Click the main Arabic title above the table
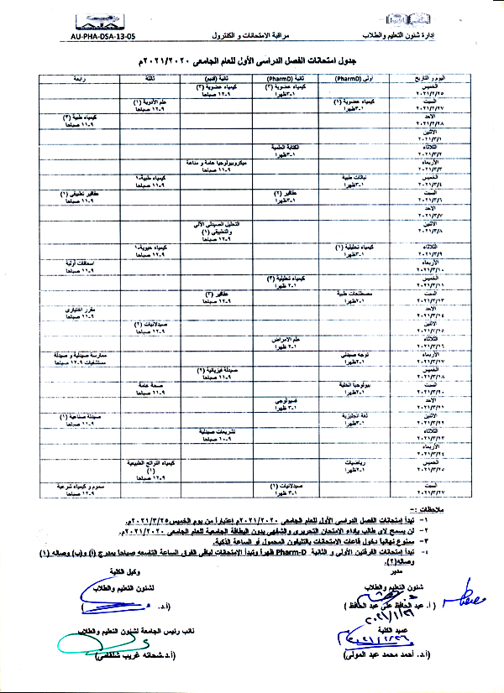click(251, 61)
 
